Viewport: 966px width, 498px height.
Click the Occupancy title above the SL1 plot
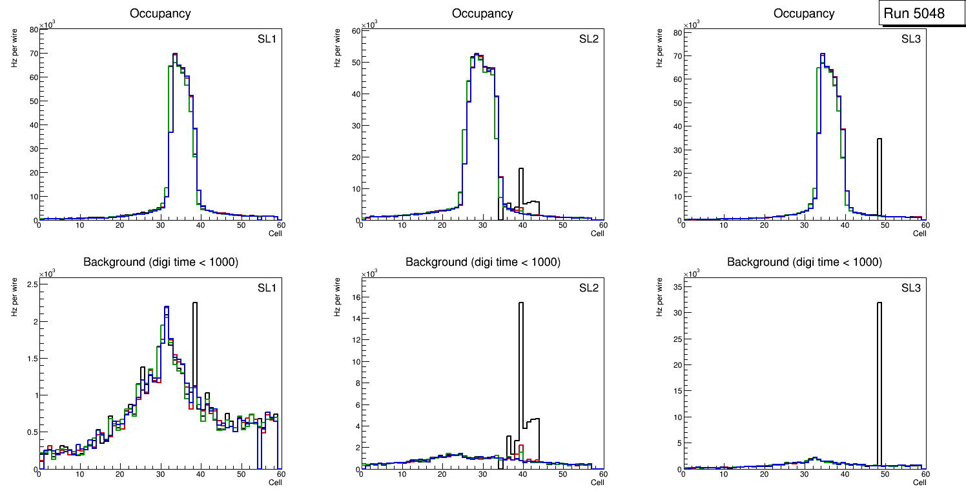160,14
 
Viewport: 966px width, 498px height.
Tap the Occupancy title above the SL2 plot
482,14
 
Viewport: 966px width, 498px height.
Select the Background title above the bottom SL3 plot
804,262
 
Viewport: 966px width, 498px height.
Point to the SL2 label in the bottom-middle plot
588,288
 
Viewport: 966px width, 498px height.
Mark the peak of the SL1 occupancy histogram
174,54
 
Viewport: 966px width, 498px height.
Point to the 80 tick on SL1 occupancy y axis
33,30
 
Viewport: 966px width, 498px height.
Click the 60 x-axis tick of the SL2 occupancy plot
602,225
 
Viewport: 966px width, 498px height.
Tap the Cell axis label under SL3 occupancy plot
920,234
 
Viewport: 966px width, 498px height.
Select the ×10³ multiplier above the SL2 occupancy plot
369,25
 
